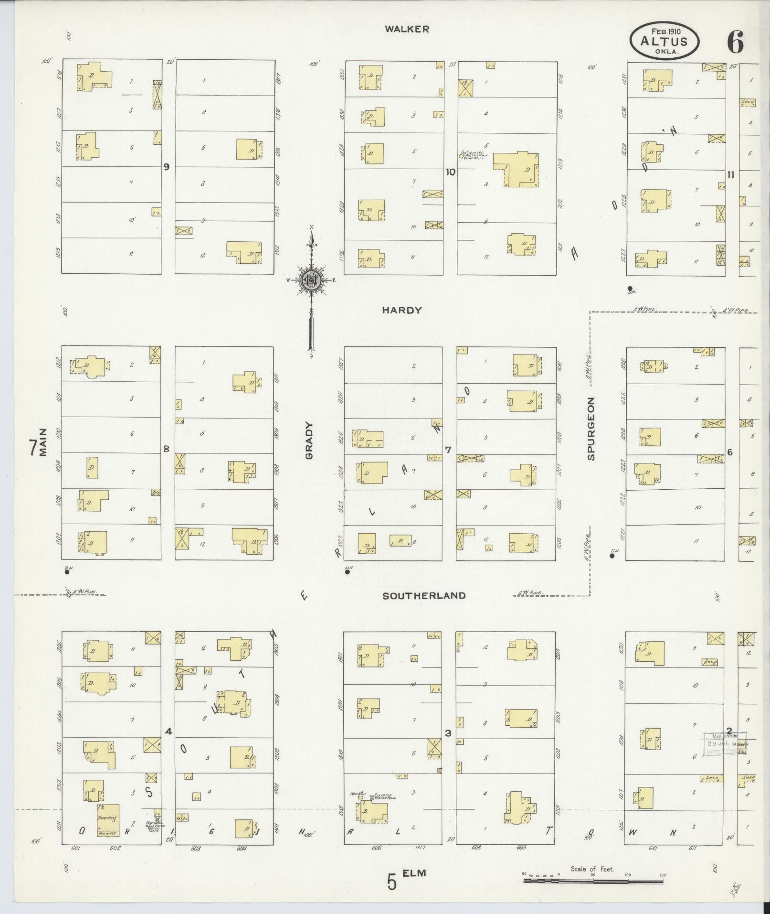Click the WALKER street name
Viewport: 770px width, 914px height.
click(407, 29)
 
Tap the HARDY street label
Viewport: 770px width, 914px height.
click(402, 310)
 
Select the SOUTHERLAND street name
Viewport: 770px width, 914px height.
click(424, 595)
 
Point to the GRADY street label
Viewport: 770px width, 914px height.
click(309, 440)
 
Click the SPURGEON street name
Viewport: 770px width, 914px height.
click(591, 429)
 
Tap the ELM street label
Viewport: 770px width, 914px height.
click(414, 873)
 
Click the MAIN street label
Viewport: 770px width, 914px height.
click(44, 443)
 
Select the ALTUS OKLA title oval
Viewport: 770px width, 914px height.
click(664, 41)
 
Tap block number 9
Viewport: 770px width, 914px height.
click(166, 167)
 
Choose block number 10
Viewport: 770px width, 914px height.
click(450, 172)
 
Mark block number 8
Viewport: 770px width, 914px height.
click(166, 449)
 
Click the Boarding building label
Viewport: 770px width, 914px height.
click(107, 817)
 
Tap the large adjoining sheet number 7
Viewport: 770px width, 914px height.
click(33, 448)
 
